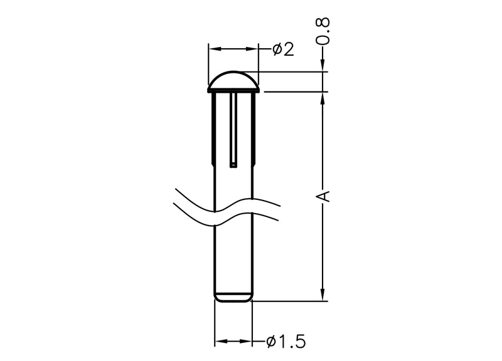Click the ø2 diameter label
pos(284,50)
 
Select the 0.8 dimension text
pos(323,31)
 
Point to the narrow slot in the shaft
pos(233,130)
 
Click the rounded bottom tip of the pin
pos(233,297)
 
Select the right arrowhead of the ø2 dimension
pos(252,49)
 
